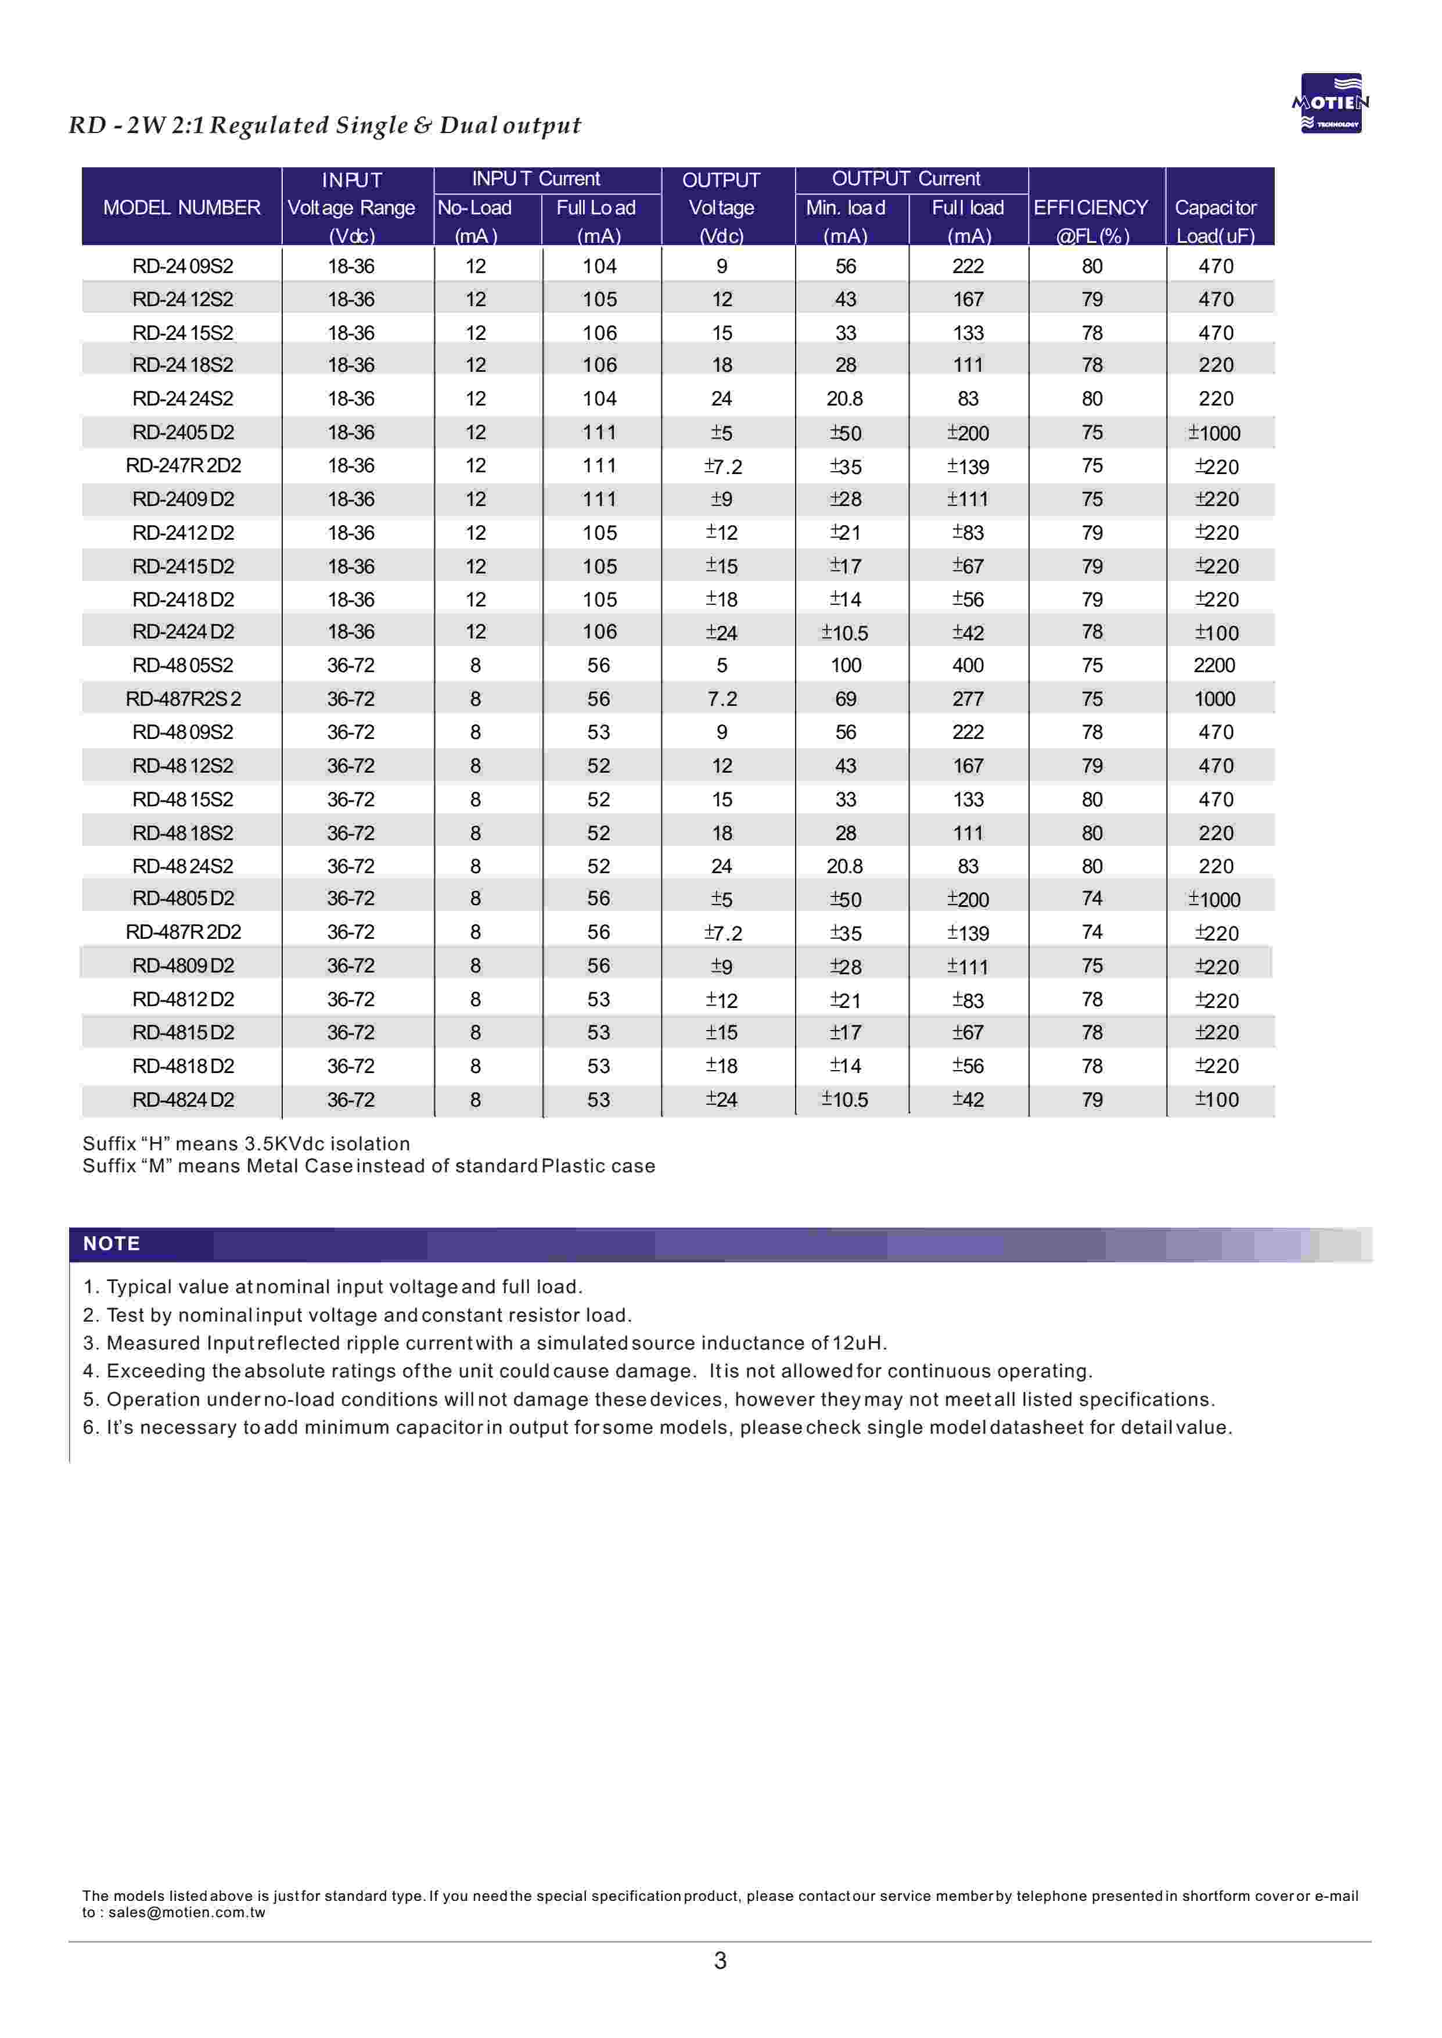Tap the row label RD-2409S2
[x=183, y=267]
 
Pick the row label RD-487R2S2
[x=183, y=699]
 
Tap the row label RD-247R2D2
[x=183, y=466]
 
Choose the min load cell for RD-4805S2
[x=846, y=666]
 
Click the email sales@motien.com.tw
[x=186, y=1913]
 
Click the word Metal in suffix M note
[x=272, y=1166]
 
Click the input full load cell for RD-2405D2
[x=599, y=432]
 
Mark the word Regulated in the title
[x=268, y=125]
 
